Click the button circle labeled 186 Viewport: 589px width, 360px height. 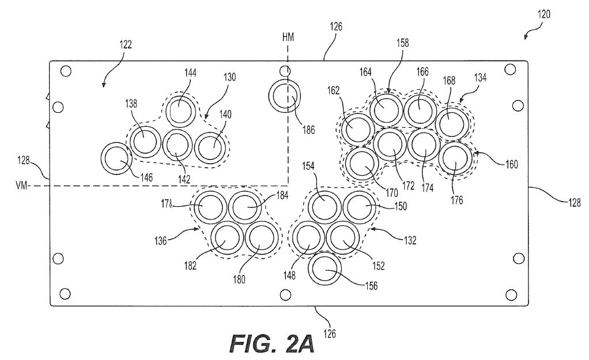pyautogui.click(x=285, y=96)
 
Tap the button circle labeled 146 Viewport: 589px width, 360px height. pyautogui.click(x=116, y=159)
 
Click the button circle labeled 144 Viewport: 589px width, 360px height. pyautogui.click(x=182, y=109)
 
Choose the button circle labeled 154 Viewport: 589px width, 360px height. pyautogui.click(x=324, y=206)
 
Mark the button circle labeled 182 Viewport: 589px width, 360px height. pyautogui.click(x=225, y=237)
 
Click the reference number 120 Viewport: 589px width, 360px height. pyautogui.click(x=544, y=16)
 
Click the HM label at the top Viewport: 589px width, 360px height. pyautogui.click(x=288, y=37)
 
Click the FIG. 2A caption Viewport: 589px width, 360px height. pyautogui.click(x=271, y=344)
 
